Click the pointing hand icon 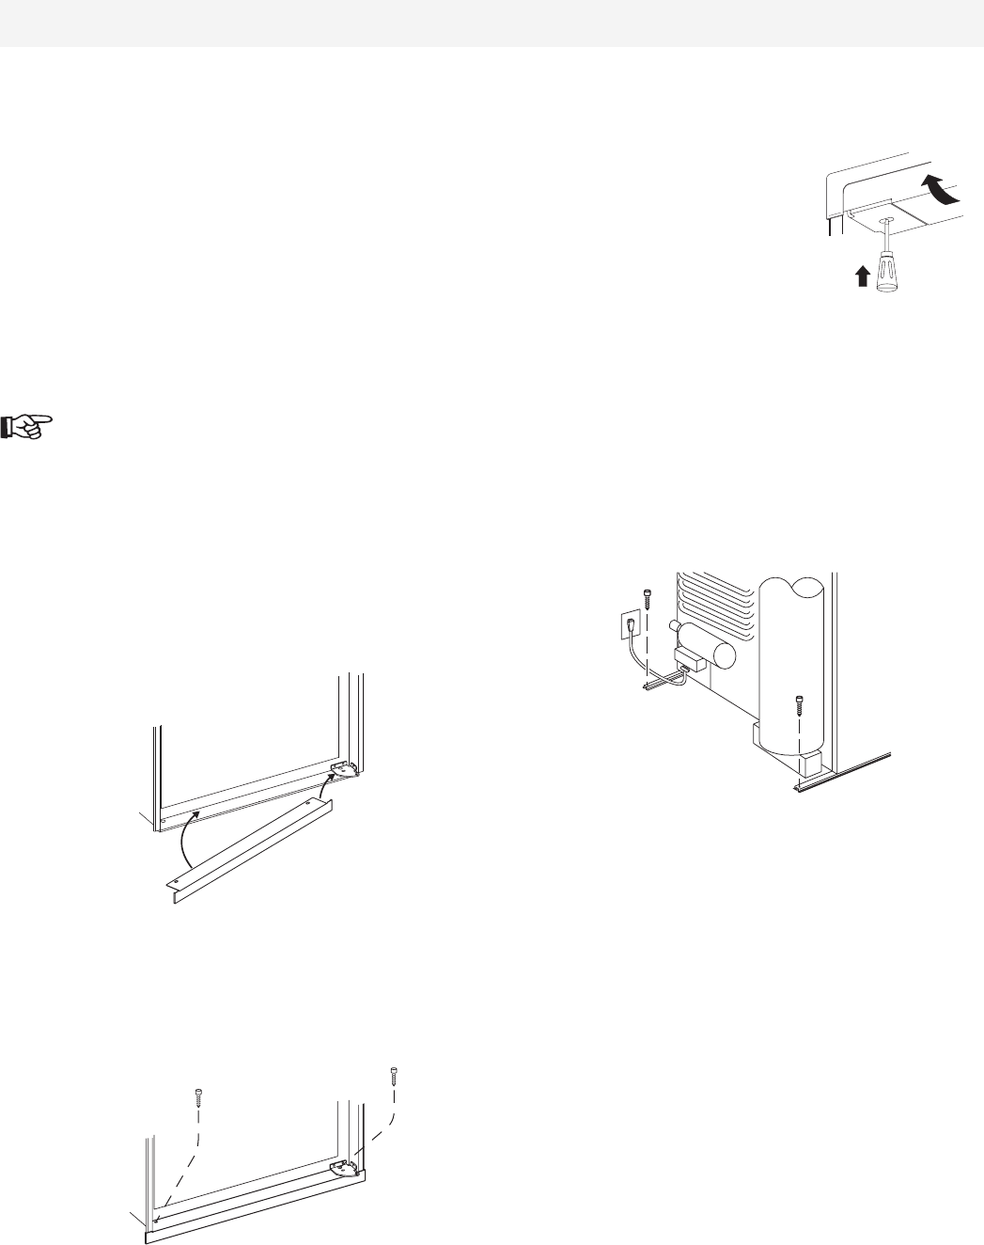[x=31, y=428]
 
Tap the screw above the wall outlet [x=647, y=596]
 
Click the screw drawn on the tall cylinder [x=800, y=701]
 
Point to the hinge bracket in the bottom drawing [x=343, y=1167]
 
